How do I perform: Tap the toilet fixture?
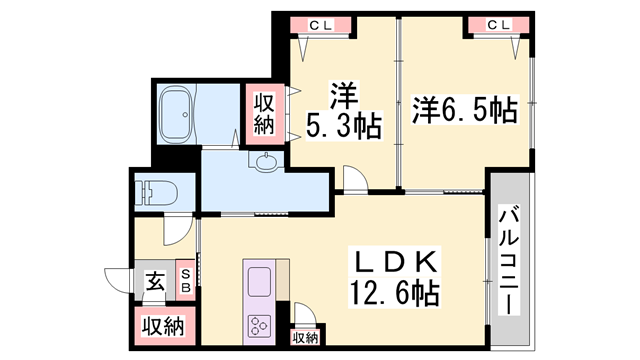tap(155, 192)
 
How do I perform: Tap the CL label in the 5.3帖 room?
tap(313, 25)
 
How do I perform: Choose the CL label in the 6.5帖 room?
tap(497, 25)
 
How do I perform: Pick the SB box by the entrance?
tap(186, 275)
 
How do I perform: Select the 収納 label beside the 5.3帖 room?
tap(263, 114)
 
